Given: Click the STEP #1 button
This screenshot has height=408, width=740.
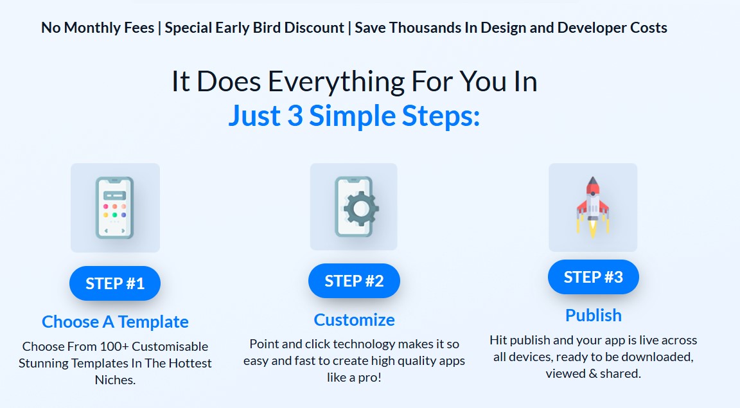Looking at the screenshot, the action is pyautogui.click(x=115, y=283).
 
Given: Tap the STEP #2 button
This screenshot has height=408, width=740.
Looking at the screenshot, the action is pyautogui.click(x=354, y=281).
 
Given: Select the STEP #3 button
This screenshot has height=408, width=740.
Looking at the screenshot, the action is pyautogui.click(x=594, y=277).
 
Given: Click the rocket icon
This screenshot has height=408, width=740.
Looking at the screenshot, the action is pyautogui.click(x=593, y=208).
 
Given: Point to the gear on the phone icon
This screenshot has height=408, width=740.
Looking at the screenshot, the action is pyautogui.click(x=361, y=208).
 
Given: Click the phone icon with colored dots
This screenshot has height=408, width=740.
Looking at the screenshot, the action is pyautogui.click(x=115, y=208).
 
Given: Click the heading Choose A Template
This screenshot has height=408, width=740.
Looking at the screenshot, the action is pyautogui.click(x=115, y=322).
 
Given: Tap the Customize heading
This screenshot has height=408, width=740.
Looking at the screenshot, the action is pyautogui.click(x=354, y=320).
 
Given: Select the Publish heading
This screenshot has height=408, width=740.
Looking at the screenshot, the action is pyautogui.click(x=594, y=315).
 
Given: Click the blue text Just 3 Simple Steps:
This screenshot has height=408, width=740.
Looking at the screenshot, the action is pyautogui.click(x=354, y=116).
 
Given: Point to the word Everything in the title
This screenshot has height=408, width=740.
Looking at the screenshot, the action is pyautogui.click(x=337, y=82).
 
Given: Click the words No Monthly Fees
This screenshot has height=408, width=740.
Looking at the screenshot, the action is pyautogui.click(x=98, y=28).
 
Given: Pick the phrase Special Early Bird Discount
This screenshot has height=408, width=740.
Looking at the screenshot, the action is pyautogui.click(x=254, y=28).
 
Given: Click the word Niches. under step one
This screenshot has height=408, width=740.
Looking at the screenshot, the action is pyautogui.click(x=115, y=380).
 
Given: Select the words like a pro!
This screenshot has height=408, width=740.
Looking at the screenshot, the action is pyautogui.click(x=354, y=377).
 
